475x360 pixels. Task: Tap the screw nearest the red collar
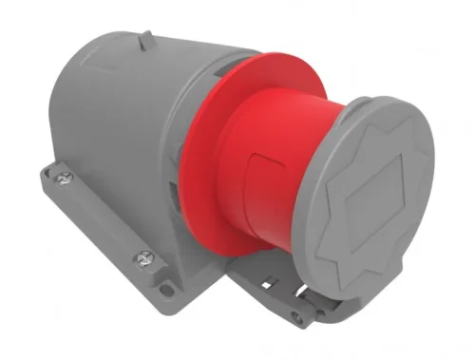point(144,256)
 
